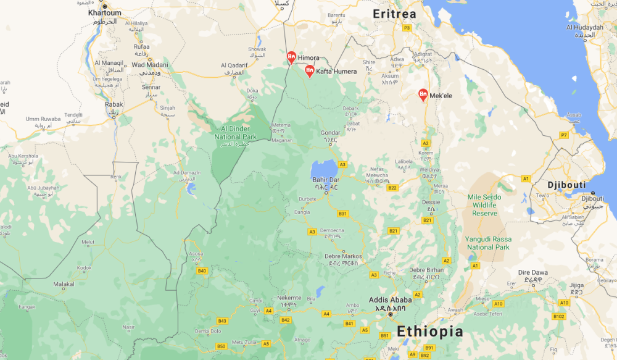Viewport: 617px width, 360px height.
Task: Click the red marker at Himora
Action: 291,57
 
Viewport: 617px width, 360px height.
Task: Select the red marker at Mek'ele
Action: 423,95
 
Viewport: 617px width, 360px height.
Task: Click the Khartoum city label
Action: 105,12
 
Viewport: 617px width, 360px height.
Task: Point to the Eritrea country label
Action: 394,14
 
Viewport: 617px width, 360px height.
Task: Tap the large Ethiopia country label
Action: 429,331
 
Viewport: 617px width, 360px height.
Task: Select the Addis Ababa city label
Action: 390,300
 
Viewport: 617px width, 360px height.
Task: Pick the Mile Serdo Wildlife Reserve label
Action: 484,206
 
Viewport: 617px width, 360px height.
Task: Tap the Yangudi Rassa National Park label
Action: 489,243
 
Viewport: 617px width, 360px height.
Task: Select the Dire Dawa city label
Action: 532,272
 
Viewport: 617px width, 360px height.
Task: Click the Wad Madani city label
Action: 149,65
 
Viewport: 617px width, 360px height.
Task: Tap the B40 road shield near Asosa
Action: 201,270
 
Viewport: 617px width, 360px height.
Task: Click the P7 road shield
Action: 563,135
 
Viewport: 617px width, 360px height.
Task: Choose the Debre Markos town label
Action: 343,256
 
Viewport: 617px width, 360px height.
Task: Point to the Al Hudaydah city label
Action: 584,27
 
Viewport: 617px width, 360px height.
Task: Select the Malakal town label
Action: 64,284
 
